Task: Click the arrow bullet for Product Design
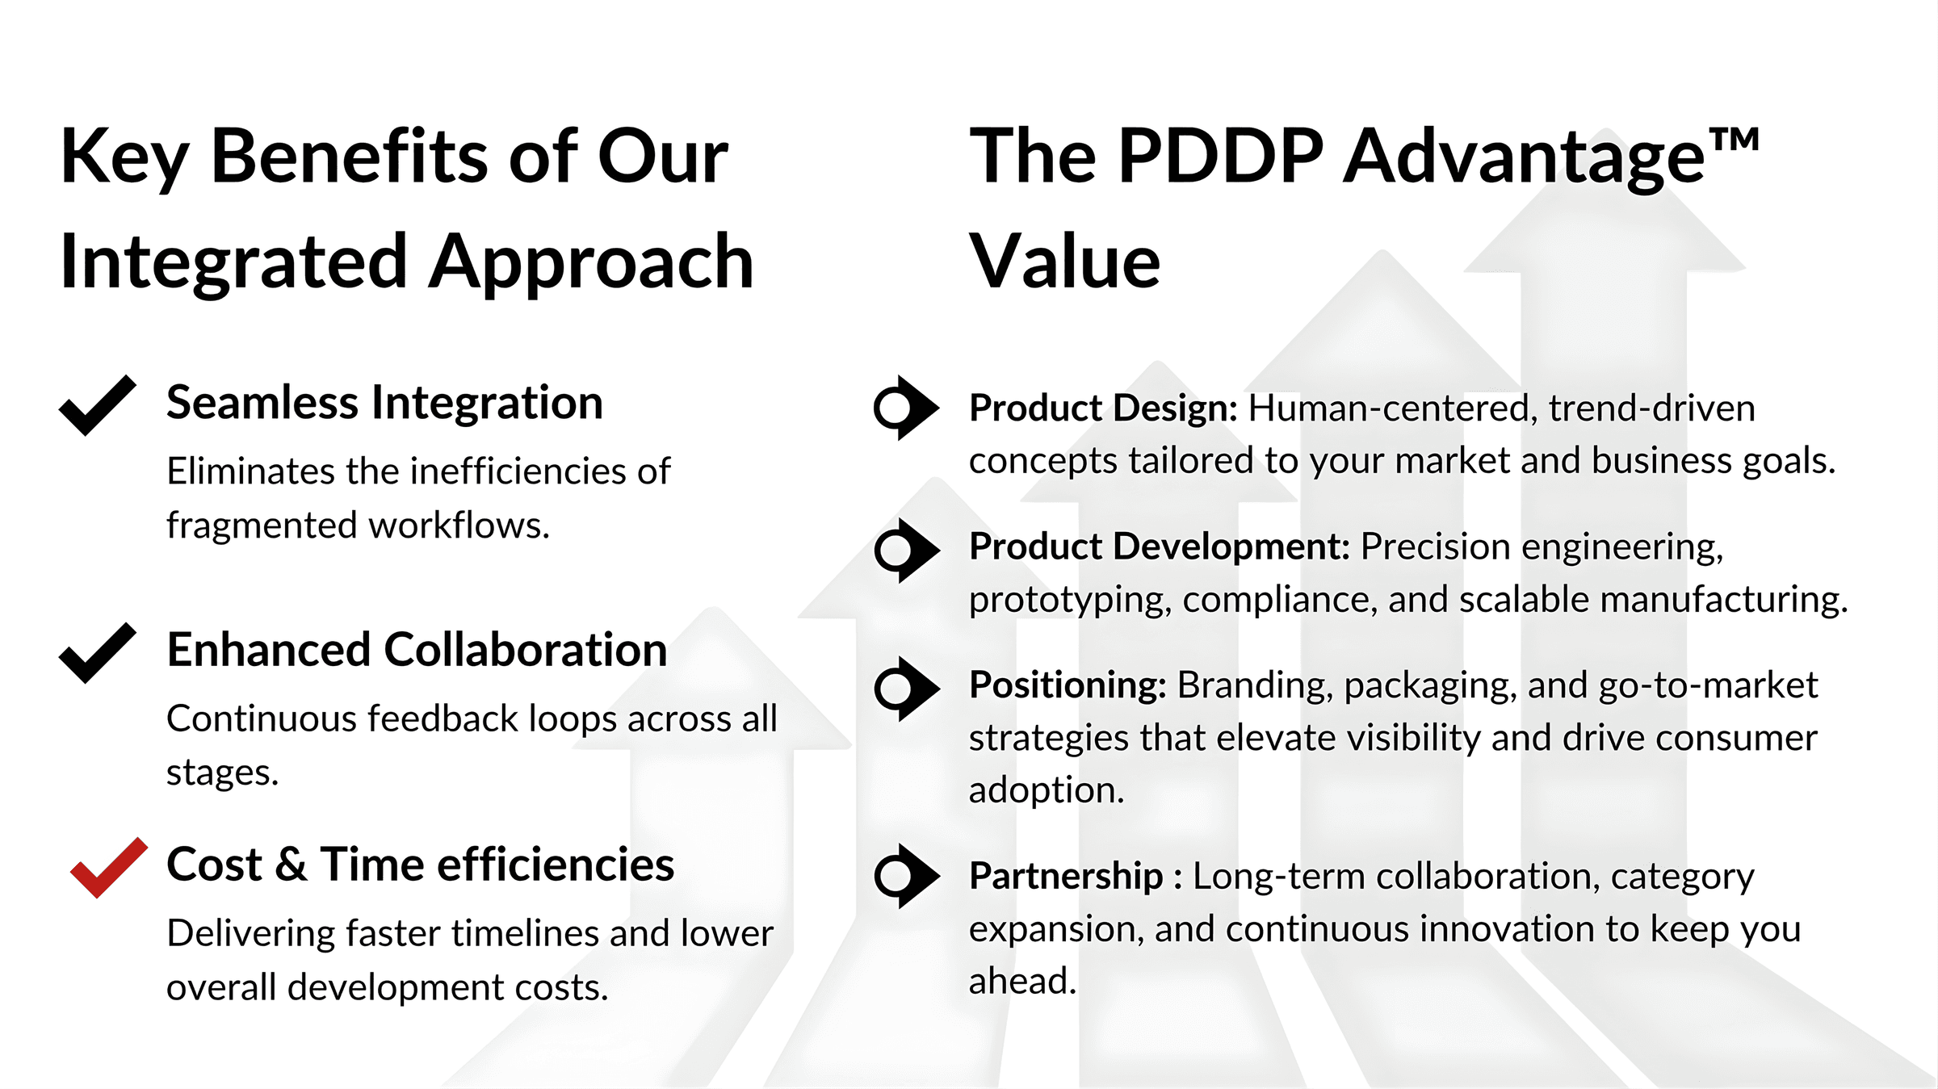pyautogui.click(x=906, y=408)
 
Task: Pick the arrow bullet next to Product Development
pyautogui.click(x=906, y=551)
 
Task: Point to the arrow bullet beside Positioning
pyautogui.click(x=906, y=689)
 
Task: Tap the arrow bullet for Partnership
pyautogui.click(x=906, y=876)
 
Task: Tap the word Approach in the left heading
pyautogui.click(x=591, y=263)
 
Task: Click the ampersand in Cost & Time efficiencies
pyautogui.click(x=291, y=865)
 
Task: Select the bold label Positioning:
pyautogui.click(x=1068, y=685)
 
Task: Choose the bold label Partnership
pyautogui.click(x=1066, y=877)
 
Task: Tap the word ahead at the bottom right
pyautogui.click(x=1022, y=982)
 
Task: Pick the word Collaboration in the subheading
pyautogui.click(x=525, y=650)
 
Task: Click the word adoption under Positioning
pyautogui.click(x=1047, y=791)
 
